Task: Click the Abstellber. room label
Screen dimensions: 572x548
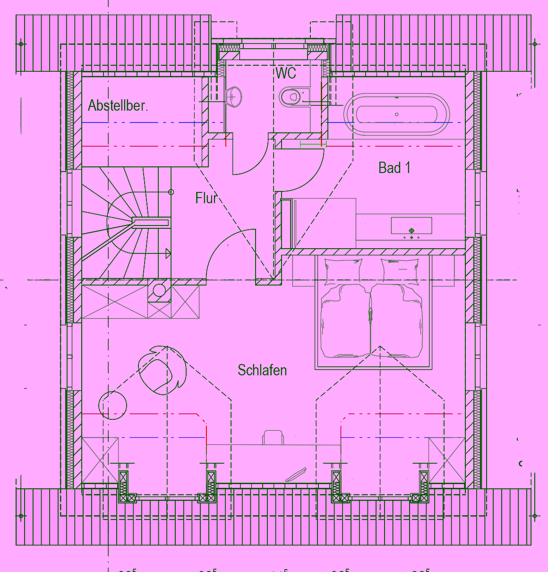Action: pos(118,105)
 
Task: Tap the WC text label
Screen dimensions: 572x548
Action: pos(286,73)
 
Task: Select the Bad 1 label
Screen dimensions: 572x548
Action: pos(394,168)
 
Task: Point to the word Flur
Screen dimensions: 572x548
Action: pos(206,198)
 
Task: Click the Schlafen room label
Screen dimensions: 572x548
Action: pos(262,370)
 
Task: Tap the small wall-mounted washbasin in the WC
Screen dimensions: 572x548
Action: pos(234,97)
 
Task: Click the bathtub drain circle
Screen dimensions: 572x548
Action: pos(397,114)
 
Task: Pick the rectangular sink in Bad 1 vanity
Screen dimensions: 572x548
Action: pos(411,225)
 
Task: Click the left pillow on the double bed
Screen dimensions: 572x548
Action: pos(343,272)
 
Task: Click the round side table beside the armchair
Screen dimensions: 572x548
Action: pos(113,405)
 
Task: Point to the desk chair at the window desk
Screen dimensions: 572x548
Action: pos(274,437)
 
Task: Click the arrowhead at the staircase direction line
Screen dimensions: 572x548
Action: pos(168,254)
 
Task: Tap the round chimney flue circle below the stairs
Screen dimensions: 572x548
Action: pos(160,290)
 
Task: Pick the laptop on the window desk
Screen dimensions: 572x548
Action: pos(296,475)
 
